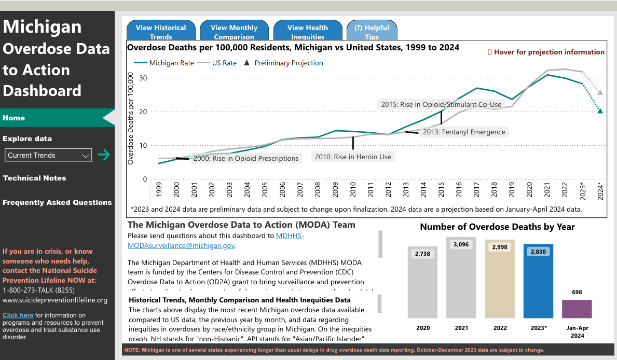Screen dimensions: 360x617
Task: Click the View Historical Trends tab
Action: click(161, 31)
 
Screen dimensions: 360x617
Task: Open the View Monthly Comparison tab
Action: click(234, 31)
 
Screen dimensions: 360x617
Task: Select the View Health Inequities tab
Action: click(308, 31)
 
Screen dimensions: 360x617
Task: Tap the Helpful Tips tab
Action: click(372, 31)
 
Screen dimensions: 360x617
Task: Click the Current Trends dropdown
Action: click(48, 155)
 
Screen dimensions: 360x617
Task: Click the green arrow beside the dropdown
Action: click(104, 155)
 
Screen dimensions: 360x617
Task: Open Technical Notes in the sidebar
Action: click(35, 178)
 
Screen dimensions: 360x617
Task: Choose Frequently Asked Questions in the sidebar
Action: click(57, 202)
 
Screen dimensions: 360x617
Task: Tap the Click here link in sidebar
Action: click(18, 315)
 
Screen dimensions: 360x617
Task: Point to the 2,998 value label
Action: click(500, 247)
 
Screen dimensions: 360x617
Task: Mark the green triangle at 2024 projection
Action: click(600, 110)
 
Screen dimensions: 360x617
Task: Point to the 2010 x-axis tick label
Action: click(353, 190)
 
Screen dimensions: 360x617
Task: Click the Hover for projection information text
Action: click(546, 52)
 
